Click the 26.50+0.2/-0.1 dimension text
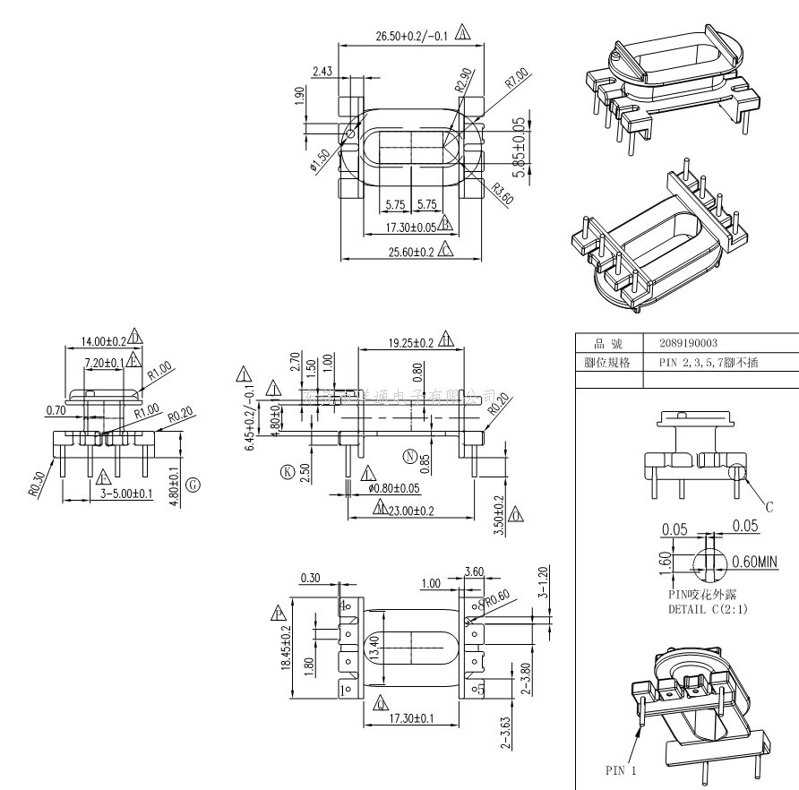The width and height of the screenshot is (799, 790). coord(411,36)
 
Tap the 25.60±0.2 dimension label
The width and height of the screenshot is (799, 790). coord(411,253)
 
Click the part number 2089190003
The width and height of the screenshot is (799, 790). coord(688,343)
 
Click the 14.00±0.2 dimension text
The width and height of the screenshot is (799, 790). coord(103,340)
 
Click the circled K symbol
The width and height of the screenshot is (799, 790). coord(288,470)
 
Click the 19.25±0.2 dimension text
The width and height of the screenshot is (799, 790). coord(411,342)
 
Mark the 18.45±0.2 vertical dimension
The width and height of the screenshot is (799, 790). coord(286,648)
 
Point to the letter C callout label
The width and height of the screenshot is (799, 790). coord(769,507)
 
